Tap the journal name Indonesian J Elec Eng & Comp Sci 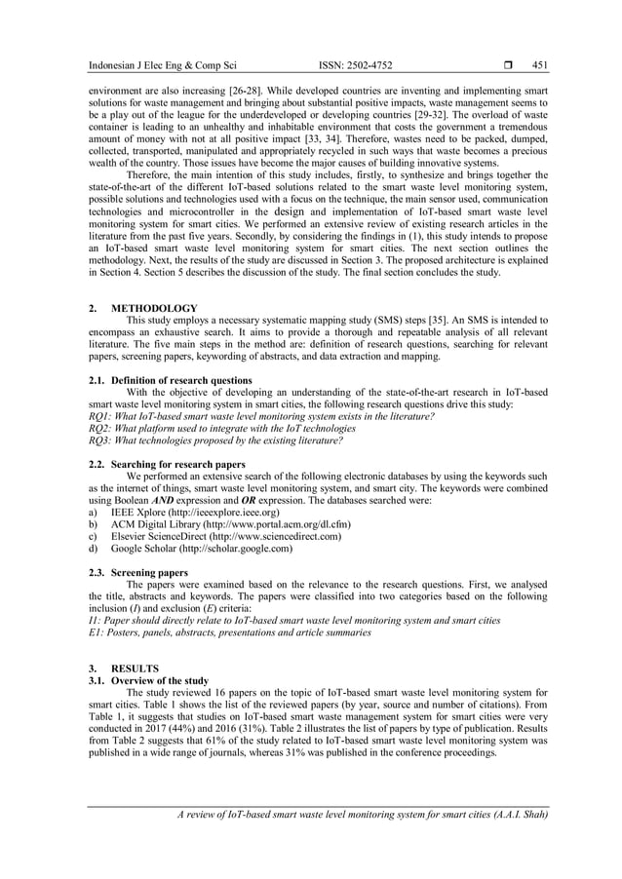(x=162, y=65)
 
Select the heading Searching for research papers (x=177, y=464)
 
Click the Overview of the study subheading (x=159, y=680)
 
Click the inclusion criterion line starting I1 (x=293, y=620)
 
